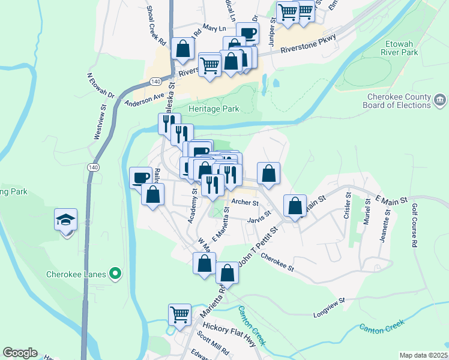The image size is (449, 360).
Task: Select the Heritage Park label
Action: point(205,109)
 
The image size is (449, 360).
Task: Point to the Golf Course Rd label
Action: point(414,226)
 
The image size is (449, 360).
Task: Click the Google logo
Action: point(20,353)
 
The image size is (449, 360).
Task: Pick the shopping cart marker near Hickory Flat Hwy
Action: point(179,314)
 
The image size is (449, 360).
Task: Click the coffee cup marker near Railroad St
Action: point(141,177)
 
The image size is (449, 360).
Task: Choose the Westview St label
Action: point(100,123)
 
